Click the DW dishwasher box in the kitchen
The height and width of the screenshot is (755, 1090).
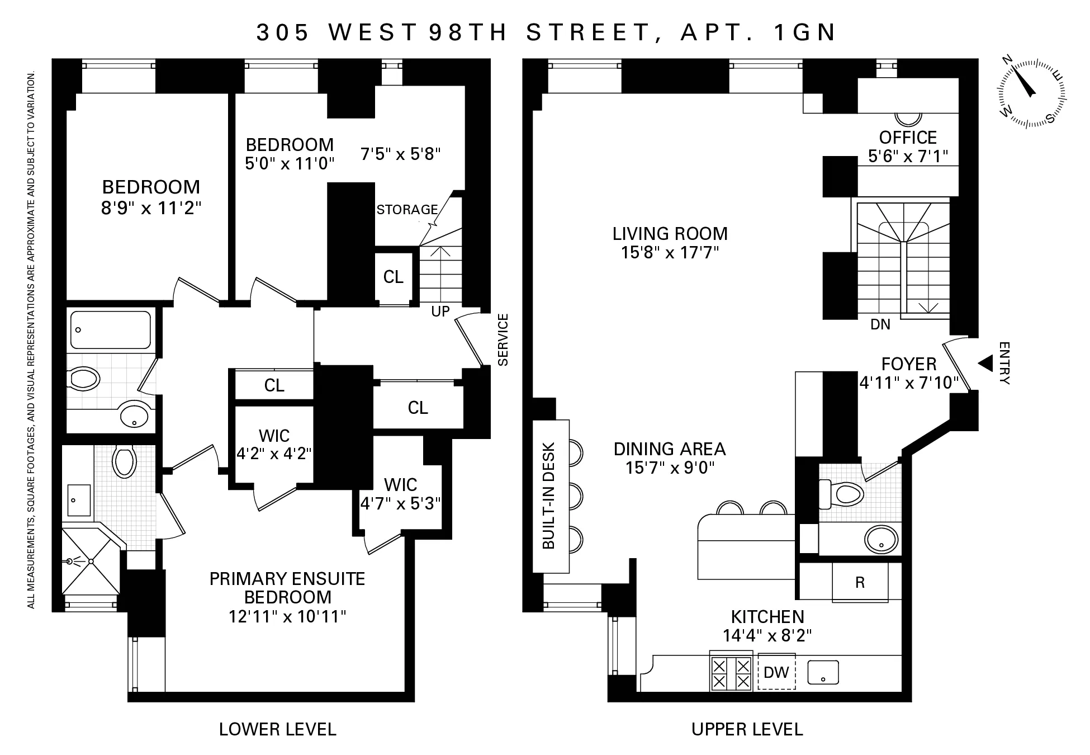[776, 672]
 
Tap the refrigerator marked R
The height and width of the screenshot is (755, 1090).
[860, 582]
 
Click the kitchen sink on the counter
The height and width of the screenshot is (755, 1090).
[823, 672]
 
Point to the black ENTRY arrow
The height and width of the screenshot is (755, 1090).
[985, 364]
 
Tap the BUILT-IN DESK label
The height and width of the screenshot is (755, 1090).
[549, 496]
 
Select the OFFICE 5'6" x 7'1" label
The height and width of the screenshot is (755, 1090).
[908, 146]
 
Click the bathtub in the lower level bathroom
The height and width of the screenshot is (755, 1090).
[110, 330]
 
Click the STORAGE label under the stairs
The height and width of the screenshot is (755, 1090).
[407, 210]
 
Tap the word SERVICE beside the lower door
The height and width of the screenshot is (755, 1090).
[503, 339]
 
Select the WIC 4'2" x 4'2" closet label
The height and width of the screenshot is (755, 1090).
[274, 444]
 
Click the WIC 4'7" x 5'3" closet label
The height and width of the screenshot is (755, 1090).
[400, 493]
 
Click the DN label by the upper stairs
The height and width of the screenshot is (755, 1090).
[880, 324]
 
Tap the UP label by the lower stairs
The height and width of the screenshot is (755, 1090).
[440, 312]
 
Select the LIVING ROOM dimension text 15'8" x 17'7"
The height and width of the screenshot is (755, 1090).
[670, 253]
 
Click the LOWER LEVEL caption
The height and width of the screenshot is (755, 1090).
[277, 729]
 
